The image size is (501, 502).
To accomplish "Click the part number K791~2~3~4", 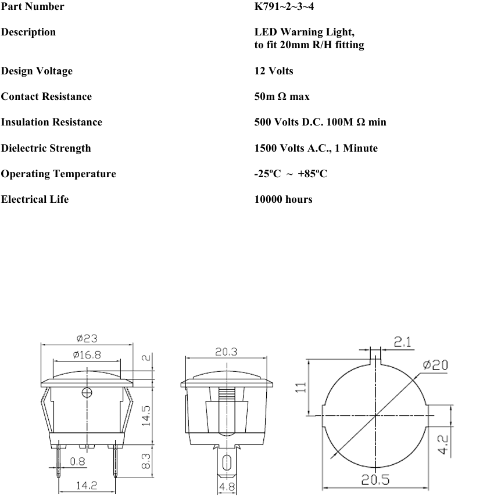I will coord(288,7).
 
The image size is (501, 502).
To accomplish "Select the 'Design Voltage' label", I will coord(37,71).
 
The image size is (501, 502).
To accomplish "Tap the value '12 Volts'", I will coord(274,71).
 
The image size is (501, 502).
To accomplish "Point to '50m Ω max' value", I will coord(282,96).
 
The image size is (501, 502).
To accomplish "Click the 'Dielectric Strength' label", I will coord(46,148).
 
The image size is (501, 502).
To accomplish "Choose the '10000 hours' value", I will coord(283,199).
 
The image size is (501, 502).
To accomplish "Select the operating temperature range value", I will coord(291,174).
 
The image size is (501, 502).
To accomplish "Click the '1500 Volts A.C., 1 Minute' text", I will coord(316,148).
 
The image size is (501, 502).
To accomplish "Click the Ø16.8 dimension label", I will coord(87,355).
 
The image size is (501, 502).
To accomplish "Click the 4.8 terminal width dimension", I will coord(226,487).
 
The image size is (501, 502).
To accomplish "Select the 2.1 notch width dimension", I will coord(403,343).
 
